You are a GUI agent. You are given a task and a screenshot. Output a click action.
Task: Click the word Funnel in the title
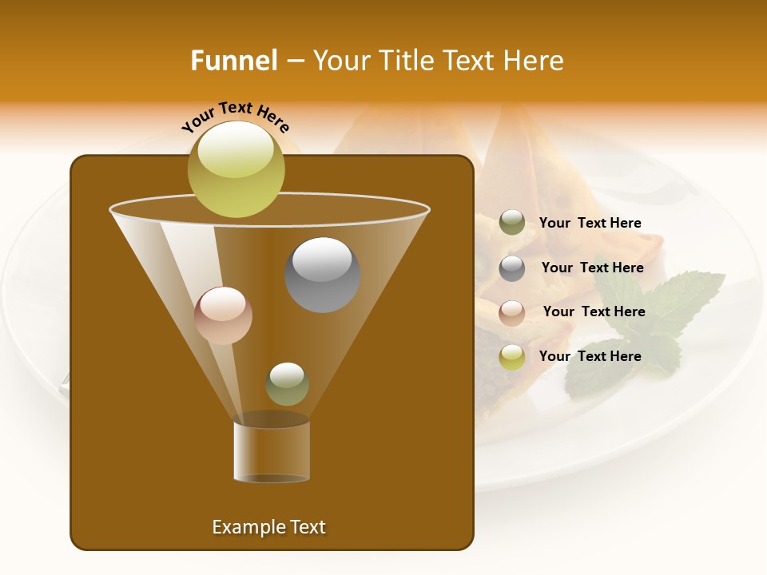tap(234, 61)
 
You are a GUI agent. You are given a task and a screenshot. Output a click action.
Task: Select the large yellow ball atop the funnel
tap(236, 169)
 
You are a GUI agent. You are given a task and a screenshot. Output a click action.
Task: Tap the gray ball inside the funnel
tap(323, 275)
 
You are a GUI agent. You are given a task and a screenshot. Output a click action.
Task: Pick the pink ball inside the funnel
tap(223, 315)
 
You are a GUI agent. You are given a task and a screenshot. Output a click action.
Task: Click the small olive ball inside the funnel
tap(287, 384)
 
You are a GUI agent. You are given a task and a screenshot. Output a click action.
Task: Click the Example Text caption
tap(269, 527)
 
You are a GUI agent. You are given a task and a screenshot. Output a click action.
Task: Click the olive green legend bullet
tap(512, 223)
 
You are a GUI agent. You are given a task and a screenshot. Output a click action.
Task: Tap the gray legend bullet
tap(512, 268)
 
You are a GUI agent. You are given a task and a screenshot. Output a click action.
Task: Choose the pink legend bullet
tap(512, 312)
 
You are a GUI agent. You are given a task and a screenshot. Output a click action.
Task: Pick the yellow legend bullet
tap(512, 357)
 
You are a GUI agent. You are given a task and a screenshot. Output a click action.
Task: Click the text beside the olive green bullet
tap(590, 224)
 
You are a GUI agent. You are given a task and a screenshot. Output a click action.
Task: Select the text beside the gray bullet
tap(592, 268)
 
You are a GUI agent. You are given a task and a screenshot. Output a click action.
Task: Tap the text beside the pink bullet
tap(594, 311)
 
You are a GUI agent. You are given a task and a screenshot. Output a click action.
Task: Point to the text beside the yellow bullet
tap(590, 356)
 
